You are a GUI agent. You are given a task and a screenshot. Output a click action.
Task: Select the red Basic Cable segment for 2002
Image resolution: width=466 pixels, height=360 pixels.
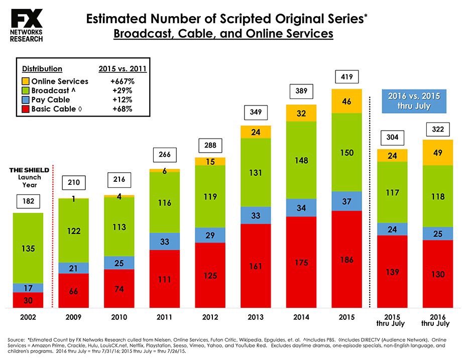click(28, 300)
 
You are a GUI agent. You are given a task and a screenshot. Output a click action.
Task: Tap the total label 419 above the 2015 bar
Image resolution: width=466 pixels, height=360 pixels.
click(347, 78)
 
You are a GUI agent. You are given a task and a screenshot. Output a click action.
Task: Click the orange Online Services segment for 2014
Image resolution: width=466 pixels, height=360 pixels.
click(301, 113)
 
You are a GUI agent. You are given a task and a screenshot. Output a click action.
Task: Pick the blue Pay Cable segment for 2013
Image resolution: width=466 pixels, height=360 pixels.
click(256, 215)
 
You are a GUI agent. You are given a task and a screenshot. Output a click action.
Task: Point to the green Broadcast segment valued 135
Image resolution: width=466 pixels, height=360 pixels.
click(28, 248)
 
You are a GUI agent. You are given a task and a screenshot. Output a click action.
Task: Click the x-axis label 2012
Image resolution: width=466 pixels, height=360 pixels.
click(210, 317)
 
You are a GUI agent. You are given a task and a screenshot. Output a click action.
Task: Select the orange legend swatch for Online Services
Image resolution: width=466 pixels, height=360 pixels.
click(25, 81)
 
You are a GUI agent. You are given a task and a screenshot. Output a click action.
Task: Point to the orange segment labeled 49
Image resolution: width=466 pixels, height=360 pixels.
click(438, 153)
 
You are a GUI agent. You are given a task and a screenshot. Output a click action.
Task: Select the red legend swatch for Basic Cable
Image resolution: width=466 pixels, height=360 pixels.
click(25, 109)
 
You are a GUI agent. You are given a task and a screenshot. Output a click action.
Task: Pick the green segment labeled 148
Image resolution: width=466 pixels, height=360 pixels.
click(301, 160)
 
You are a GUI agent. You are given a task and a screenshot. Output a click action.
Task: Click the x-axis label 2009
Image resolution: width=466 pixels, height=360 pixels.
click(74, 317)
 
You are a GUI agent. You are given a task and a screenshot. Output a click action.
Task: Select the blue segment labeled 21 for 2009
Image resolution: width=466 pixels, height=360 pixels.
click(74, 268)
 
